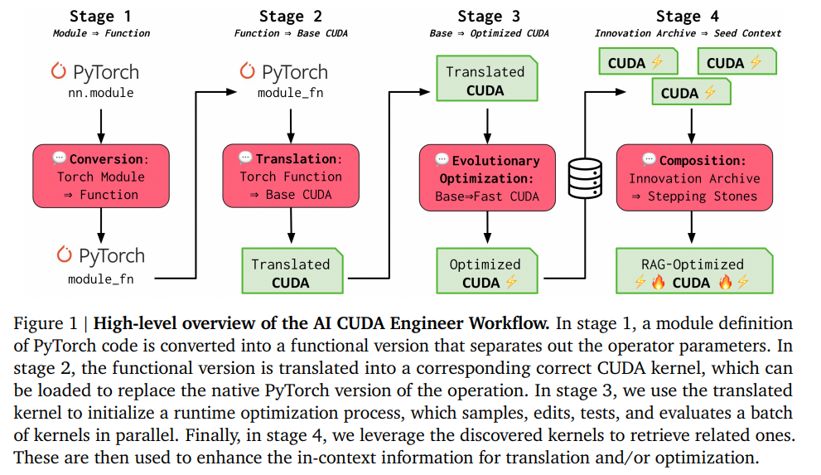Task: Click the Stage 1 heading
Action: point(102,16)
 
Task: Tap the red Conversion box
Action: point(101,177)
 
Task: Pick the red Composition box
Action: point(693,178)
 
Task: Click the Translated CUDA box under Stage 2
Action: point(291,273)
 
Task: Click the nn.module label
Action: point(100,93)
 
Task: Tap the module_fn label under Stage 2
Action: point(289,93)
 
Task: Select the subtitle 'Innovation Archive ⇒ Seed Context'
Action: point(688,33)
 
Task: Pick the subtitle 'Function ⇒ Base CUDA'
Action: point(291,33)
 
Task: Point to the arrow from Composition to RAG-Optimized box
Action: point(693,228)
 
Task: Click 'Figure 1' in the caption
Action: point(41,324)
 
